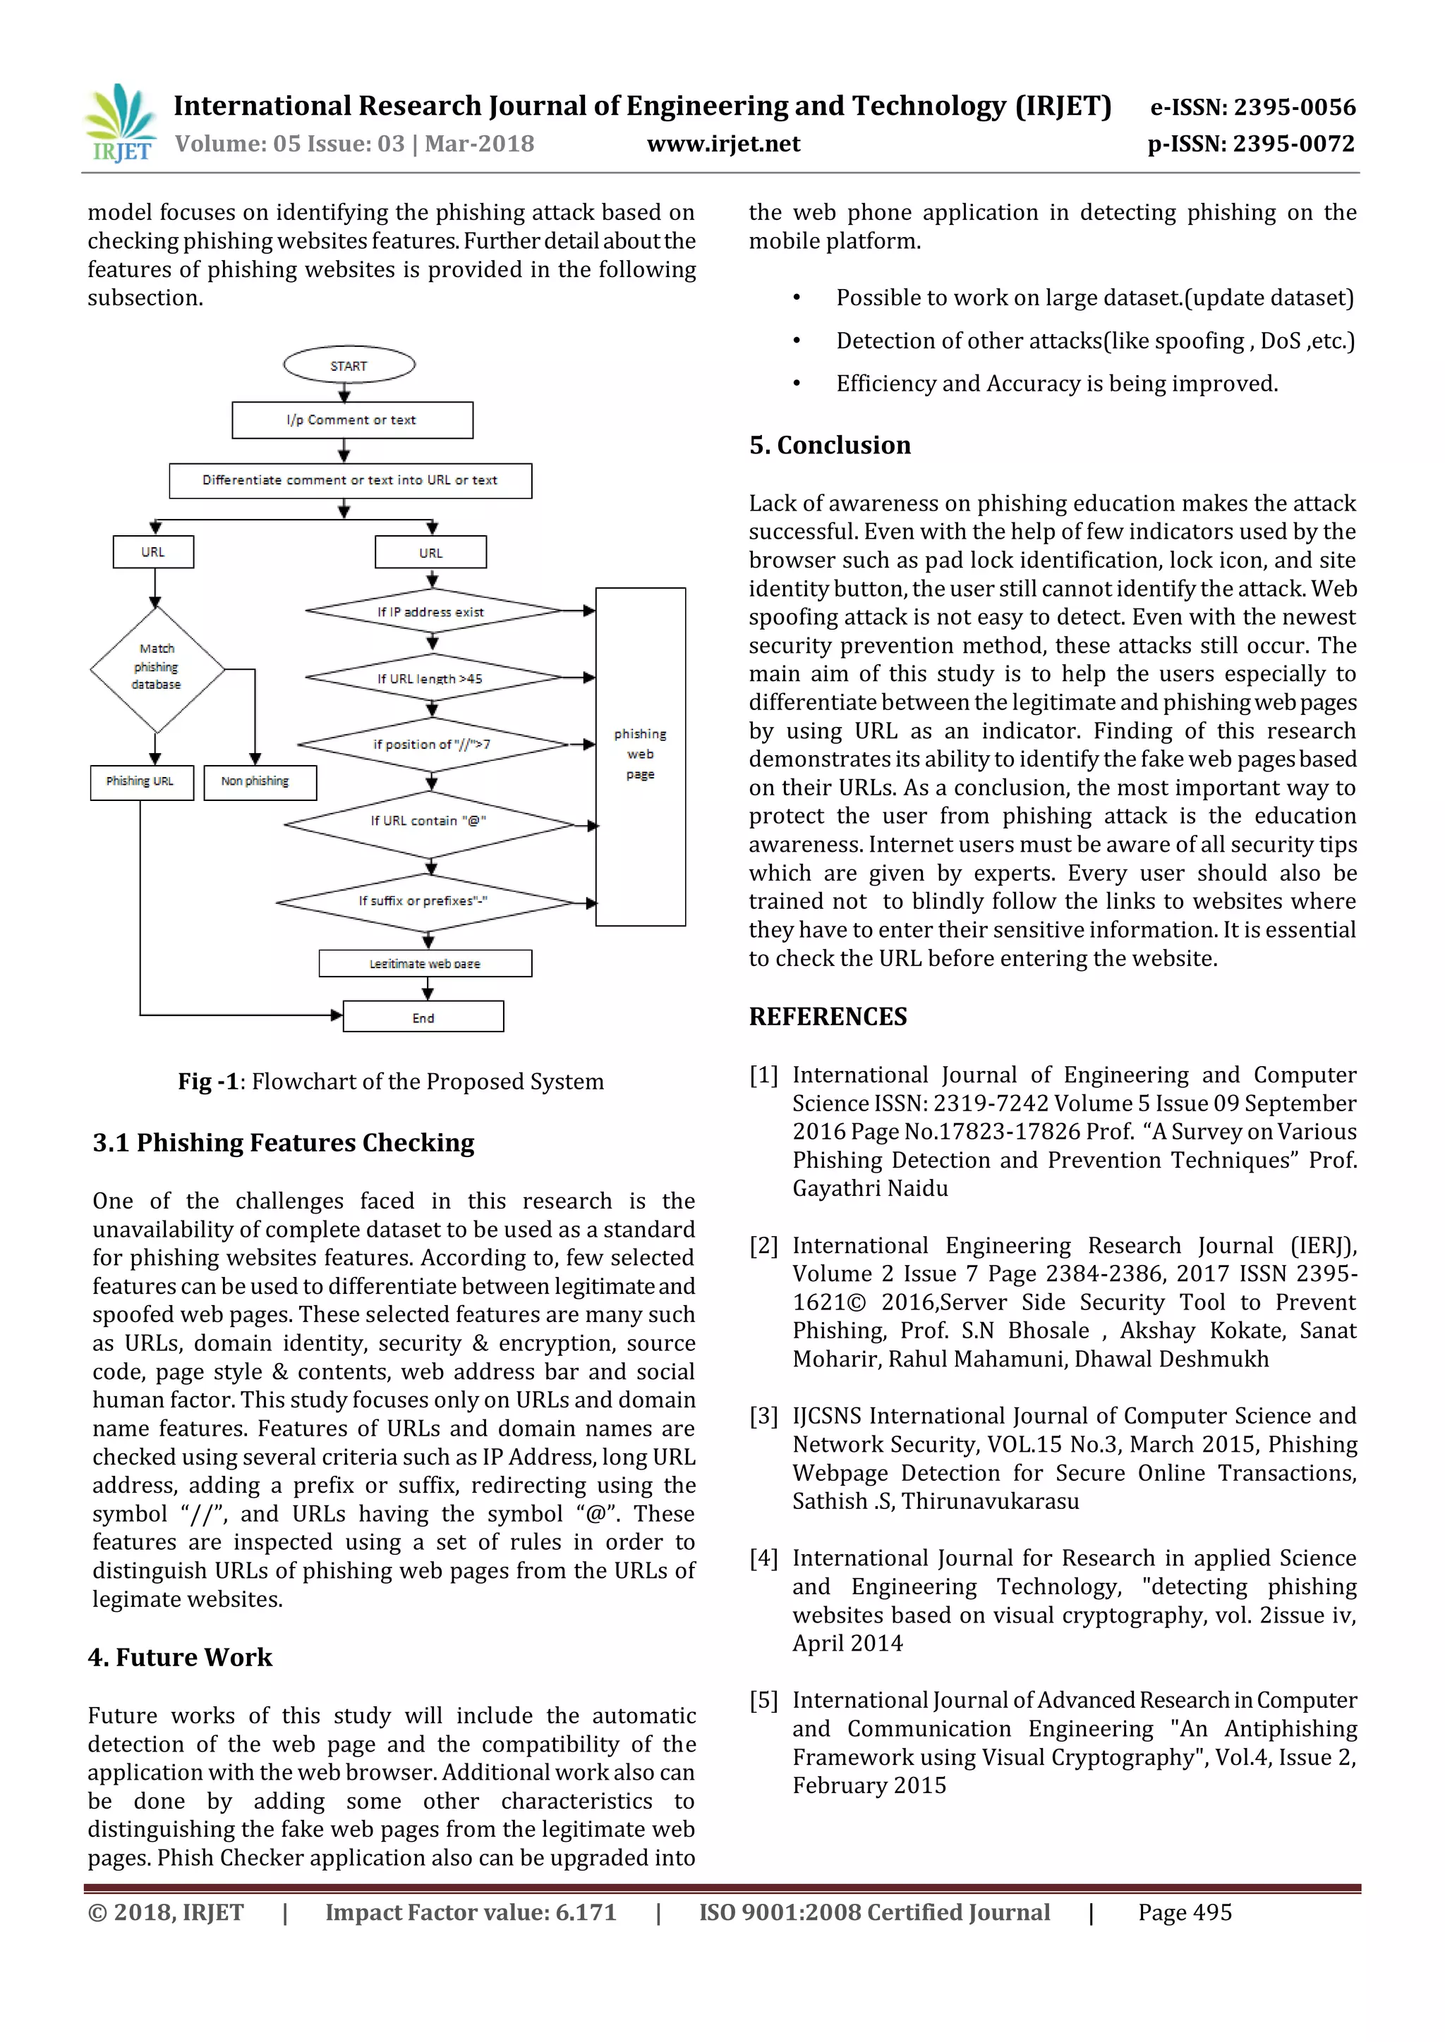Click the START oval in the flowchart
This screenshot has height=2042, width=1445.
tap(349, 365)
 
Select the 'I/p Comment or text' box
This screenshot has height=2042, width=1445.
tap(351, 420)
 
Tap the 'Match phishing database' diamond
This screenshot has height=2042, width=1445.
tap(157, 668)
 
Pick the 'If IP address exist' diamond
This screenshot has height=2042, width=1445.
tap(432, 612)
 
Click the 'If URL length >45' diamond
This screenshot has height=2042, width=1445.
tap(432, 678)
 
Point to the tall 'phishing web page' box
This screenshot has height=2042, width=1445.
tap(640, 755)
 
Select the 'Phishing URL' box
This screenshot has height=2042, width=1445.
tap(140, 782)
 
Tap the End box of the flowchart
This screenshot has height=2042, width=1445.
tap(423, 1017)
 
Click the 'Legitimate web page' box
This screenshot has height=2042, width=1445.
tap(425, 963)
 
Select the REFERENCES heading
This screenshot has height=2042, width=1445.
tap(828, 1017)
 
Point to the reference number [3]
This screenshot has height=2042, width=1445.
tap(763, 1416)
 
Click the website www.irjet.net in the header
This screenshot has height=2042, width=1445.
tap(722, 144)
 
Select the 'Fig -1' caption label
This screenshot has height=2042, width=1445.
tap(208, 1082)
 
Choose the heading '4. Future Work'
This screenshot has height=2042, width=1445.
tap(180, 1657)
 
